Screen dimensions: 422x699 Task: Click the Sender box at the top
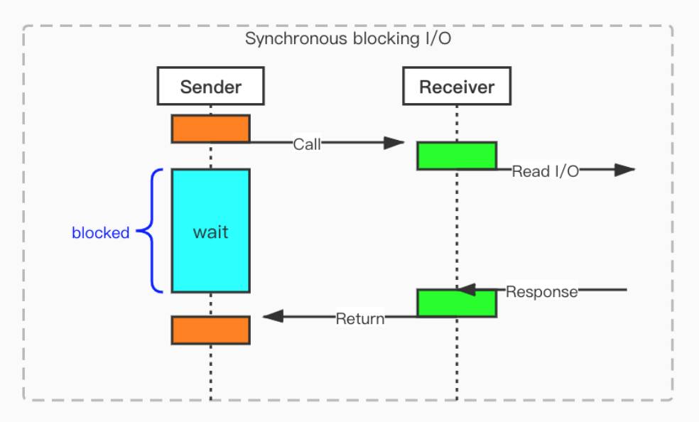(x=210, y=87)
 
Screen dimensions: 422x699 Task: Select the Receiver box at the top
(x=456, y=87)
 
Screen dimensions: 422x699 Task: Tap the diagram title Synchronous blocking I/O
(x=348, y=38)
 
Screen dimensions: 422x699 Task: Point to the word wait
(x=210, y=232)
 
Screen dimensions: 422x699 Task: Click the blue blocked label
(x=101, y=232)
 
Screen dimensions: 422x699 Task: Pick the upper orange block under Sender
(x=210, y=129)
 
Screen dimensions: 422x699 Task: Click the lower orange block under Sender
(x=210, y=330)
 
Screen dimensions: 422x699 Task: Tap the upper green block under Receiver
(x=456, y=156)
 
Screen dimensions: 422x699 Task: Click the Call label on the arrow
(x=307, y=144)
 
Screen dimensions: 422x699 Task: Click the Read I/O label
(x=545, y=171)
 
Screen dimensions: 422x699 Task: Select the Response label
(x=541, y=291)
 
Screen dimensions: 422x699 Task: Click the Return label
(x=359, y=318)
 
